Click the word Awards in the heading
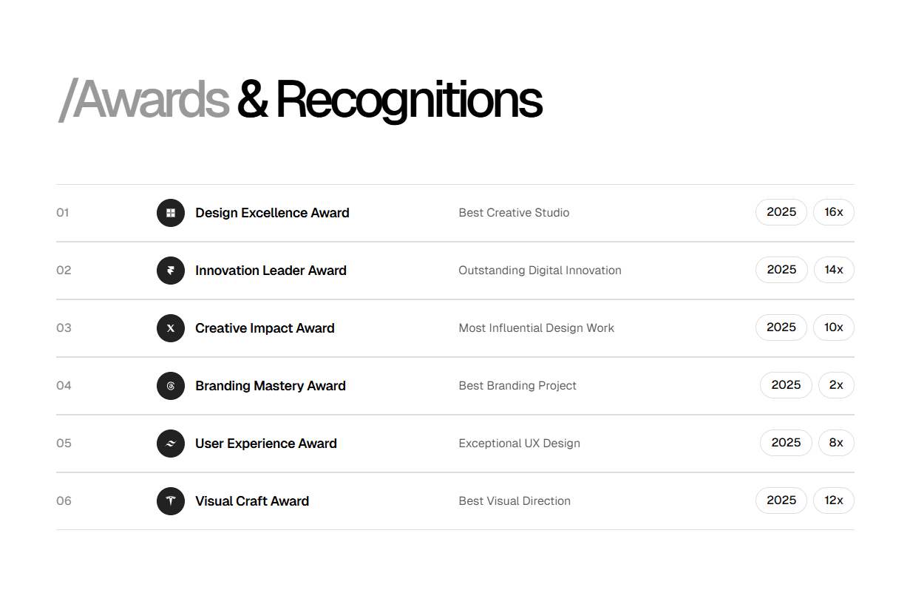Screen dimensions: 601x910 tap(152, 100)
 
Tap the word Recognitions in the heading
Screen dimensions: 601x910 tap(409, 100)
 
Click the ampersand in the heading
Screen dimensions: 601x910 tap(252, 100)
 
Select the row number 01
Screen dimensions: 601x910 tap(63, 213)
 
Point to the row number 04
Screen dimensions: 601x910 tap(64, 386)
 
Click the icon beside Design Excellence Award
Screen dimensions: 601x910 tap(171, 213)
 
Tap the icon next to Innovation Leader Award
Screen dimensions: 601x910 tap(171, 271)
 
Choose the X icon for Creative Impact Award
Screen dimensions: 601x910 tap(171, 328)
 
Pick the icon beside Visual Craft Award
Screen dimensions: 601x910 tap(171, 501)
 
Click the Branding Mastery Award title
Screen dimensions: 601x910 tap(271, 386)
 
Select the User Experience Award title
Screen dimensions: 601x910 tap(266, 444)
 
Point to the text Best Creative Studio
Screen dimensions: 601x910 tap(514, 213)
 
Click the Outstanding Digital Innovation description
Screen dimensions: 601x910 tap(540, 271)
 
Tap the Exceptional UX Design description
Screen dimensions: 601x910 tap(519, 444)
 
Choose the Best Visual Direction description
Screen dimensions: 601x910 tap(515, 501)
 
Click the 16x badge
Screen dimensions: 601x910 tap(834, 212)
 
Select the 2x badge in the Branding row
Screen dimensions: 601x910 tap(836, 385)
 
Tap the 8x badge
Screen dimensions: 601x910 tap(836, 443)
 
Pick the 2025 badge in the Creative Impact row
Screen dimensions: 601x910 tap(781, 327)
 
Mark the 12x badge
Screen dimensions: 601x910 tap(834, 500)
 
